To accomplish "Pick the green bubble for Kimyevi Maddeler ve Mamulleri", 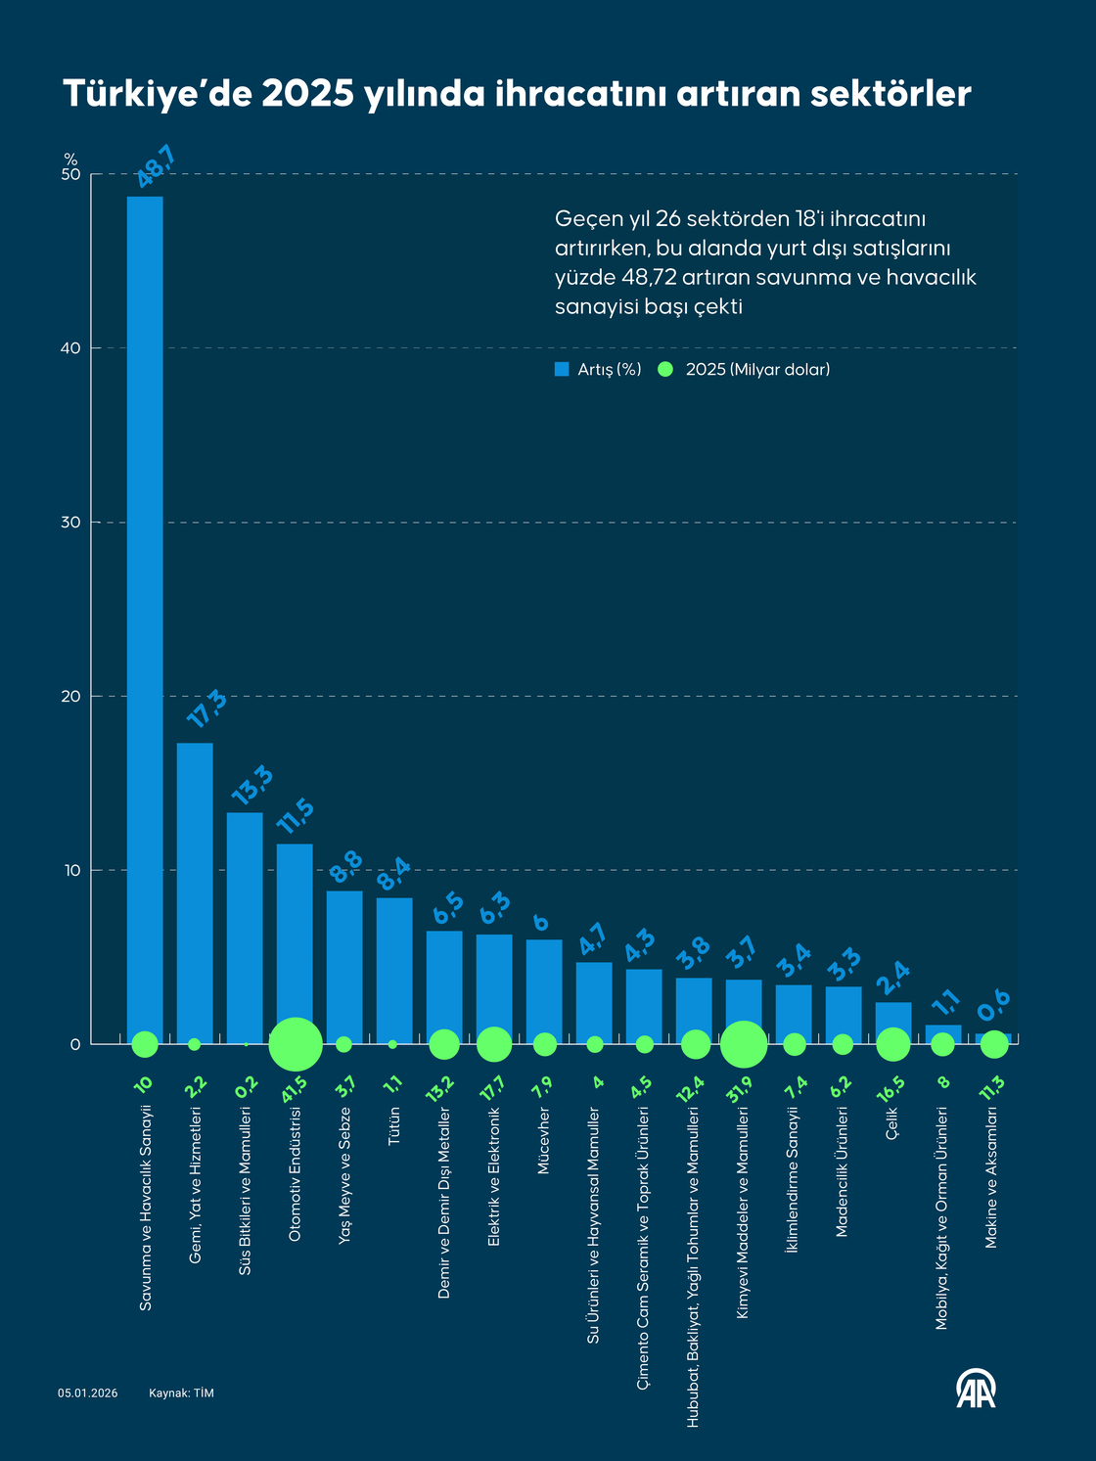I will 744,1044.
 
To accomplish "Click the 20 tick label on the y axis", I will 68,697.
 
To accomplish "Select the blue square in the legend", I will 562,369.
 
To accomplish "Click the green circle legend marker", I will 666,369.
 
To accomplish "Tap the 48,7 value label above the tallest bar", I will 156,166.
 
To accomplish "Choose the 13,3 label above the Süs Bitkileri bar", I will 251,786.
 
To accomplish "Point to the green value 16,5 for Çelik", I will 891,1089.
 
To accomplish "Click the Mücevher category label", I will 544,1141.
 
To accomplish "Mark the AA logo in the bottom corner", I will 976,1389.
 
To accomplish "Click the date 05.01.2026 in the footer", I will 87,1393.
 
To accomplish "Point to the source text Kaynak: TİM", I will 181,1393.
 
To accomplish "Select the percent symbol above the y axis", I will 70,159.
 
